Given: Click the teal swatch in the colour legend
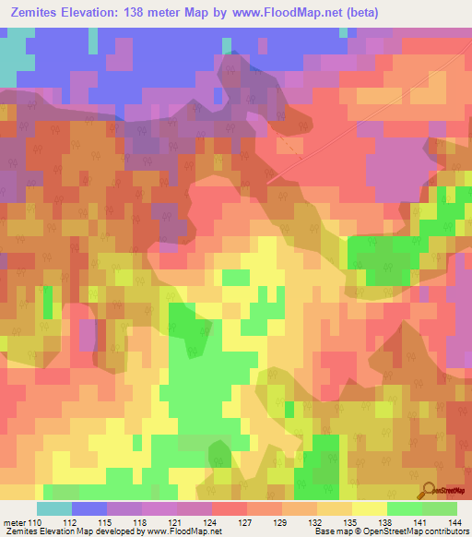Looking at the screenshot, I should click(54, 508).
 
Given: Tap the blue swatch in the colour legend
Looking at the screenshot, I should click(89, 508).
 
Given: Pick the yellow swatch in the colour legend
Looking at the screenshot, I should click(369, 508).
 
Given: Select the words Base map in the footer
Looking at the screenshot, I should click(328, 531).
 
